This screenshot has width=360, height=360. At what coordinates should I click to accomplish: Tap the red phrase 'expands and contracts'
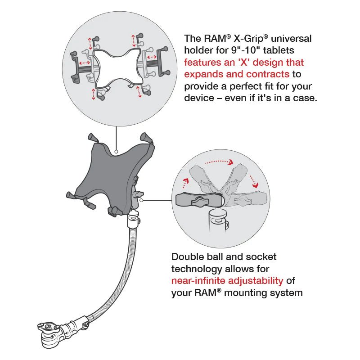click(237, 74)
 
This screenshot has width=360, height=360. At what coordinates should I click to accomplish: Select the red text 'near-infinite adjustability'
click(227, 281)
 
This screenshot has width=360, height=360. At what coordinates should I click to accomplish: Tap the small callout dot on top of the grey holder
click(117, 152)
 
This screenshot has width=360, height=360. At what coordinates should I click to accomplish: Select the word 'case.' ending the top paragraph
click(305, 98)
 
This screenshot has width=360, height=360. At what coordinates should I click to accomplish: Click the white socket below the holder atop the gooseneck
click(133, 221)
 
